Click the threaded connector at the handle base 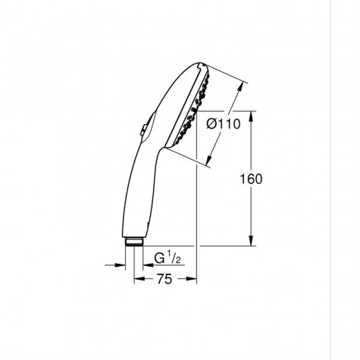tap(135, 242)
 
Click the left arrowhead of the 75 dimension tap(137, 279)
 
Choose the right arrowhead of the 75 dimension tap(193, 279)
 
